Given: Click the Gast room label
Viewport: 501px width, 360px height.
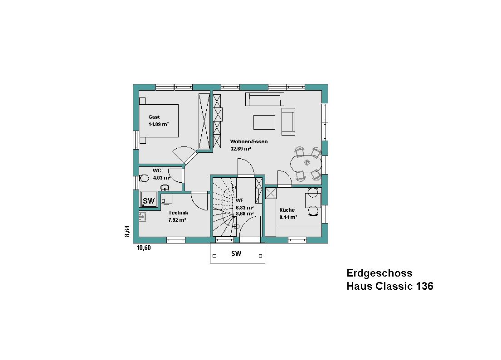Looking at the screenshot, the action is coord(154,117).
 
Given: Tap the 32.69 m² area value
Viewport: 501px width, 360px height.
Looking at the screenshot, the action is coord(241,149).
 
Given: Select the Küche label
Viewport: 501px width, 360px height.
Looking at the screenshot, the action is coord(287,210).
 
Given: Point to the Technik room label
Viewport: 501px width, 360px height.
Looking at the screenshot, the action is coord(178,213).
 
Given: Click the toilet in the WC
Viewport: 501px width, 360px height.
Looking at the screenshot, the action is coord(144,178).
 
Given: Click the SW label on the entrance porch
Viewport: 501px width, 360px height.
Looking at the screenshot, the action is coord(236,253).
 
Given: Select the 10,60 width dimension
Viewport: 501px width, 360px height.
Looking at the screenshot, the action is coord(143,248).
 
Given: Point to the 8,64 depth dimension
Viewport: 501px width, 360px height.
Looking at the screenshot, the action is coord(127,231).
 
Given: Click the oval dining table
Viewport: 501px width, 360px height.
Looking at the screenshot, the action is coord(306,164).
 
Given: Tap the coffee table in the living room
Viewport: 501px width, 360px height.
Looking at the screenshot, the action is coord(264,122).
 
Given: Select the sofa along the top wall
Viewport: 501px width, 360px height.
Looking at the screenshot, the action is coord(265,99).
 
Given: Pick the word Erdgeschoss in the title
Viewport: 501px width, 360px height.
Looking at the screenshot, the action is coord(379,273).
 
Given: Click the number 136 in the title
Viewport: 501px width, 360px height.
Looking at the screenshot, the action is coord(424,286).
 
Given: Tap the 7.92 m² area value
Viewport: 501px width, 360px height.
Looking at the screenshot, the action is coord(177,220).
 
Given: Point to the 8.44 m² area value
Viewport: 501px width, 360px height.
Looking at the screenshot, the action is coord(288,217).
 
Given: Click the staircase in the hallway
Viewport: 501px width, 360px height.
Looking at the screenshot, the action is coord(224,207).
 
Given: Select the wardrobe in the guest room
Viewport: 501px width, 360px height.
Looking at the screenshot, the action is coord(204,122).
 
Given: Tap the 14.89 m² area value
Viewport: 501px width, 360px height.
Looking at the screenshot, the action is coord(159,125).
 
